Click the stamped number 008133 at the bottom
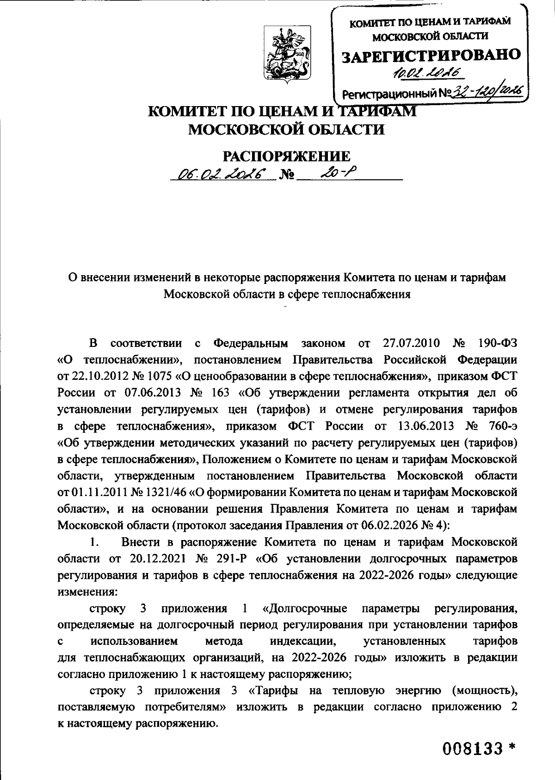tap(471, 747)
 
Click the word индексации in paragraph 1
tap(302, 641)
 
